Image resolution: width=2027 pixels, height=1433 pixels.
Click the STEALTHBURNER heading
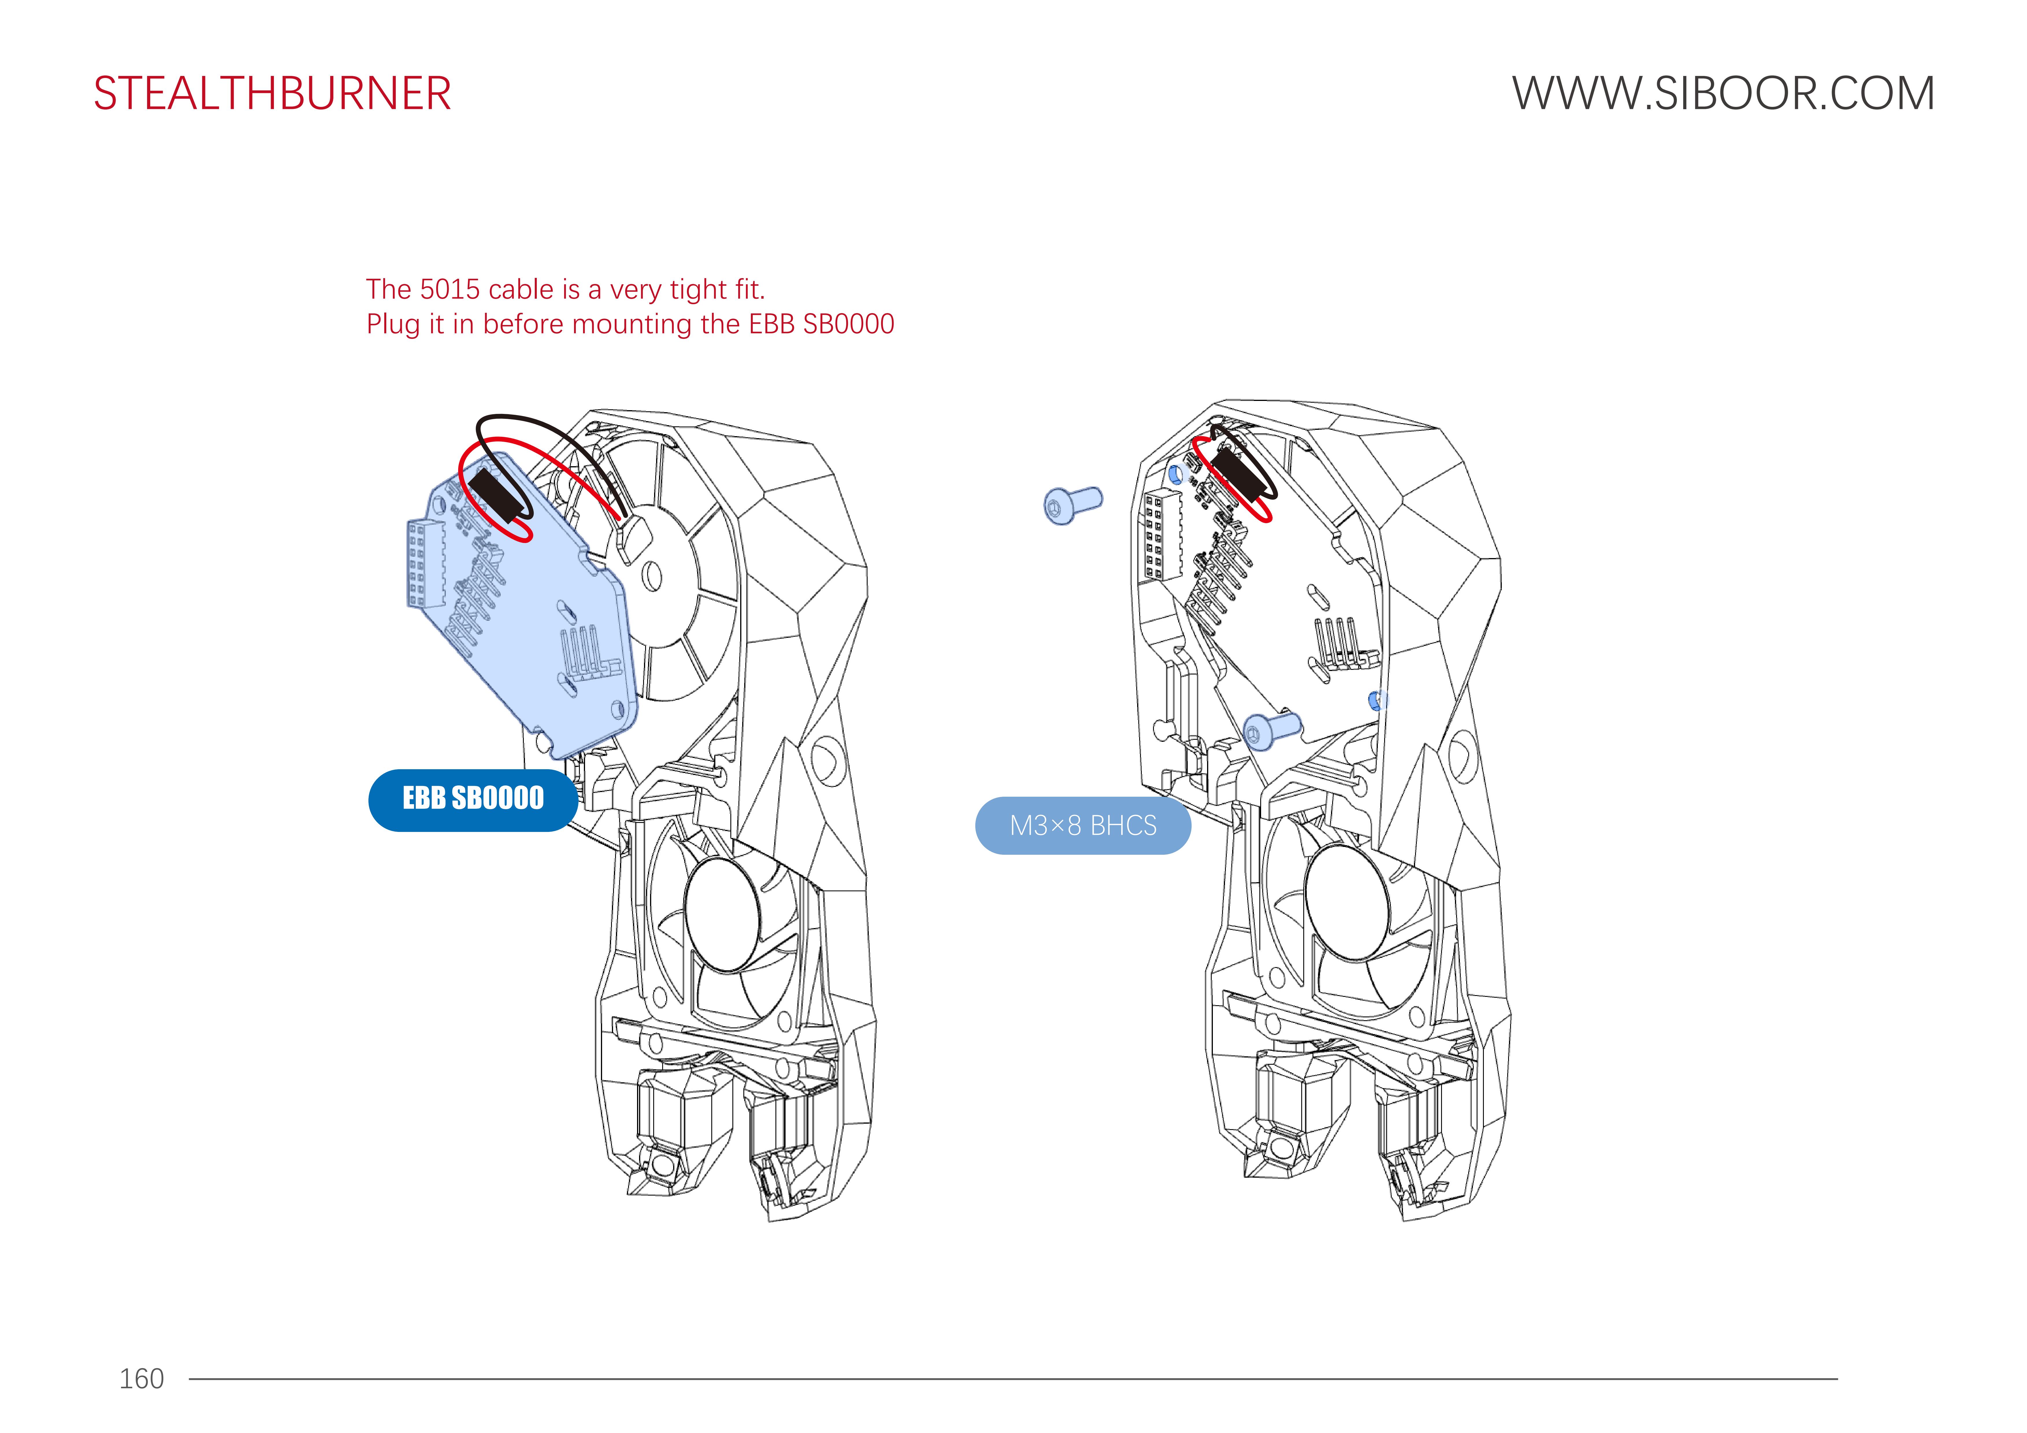(x=272, y=94)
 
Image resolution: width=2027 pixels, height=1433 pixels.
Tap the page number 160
(x=141, y=1378)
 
